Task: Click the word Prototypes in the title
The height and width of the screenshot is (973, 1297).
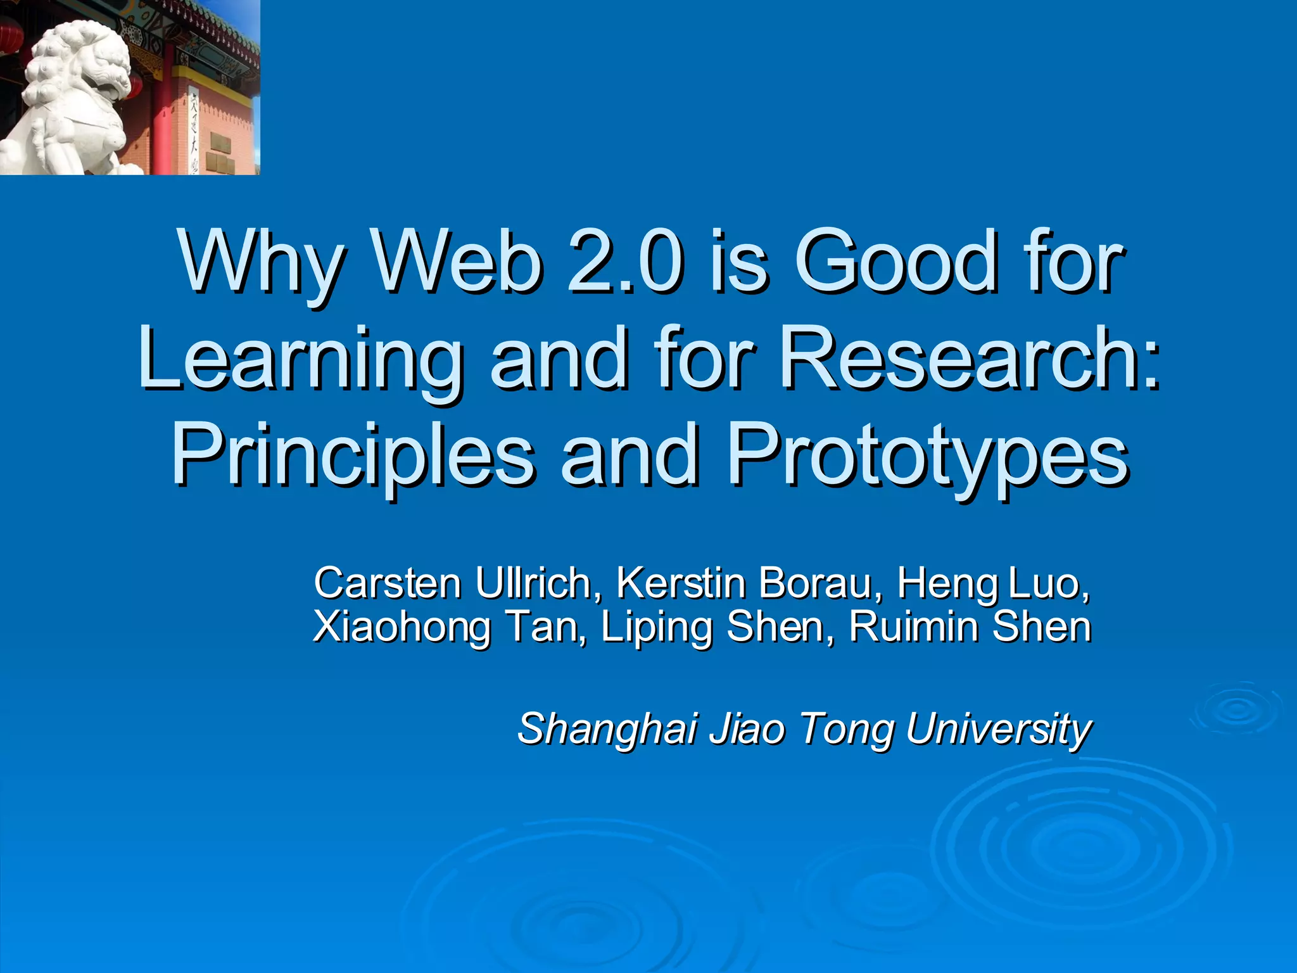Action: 928,456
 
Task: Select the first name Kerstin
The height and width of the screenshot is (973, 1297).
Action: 681,583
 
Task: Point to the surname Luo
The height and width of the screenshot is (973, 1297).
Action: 1048,583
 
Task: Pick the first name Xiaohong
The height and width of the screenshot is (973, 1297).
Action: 402,627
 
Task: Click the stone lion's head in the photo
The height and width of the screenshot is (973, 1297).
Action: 89,63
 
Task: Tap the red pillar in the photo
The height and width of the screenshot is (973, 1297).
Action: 163,120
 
